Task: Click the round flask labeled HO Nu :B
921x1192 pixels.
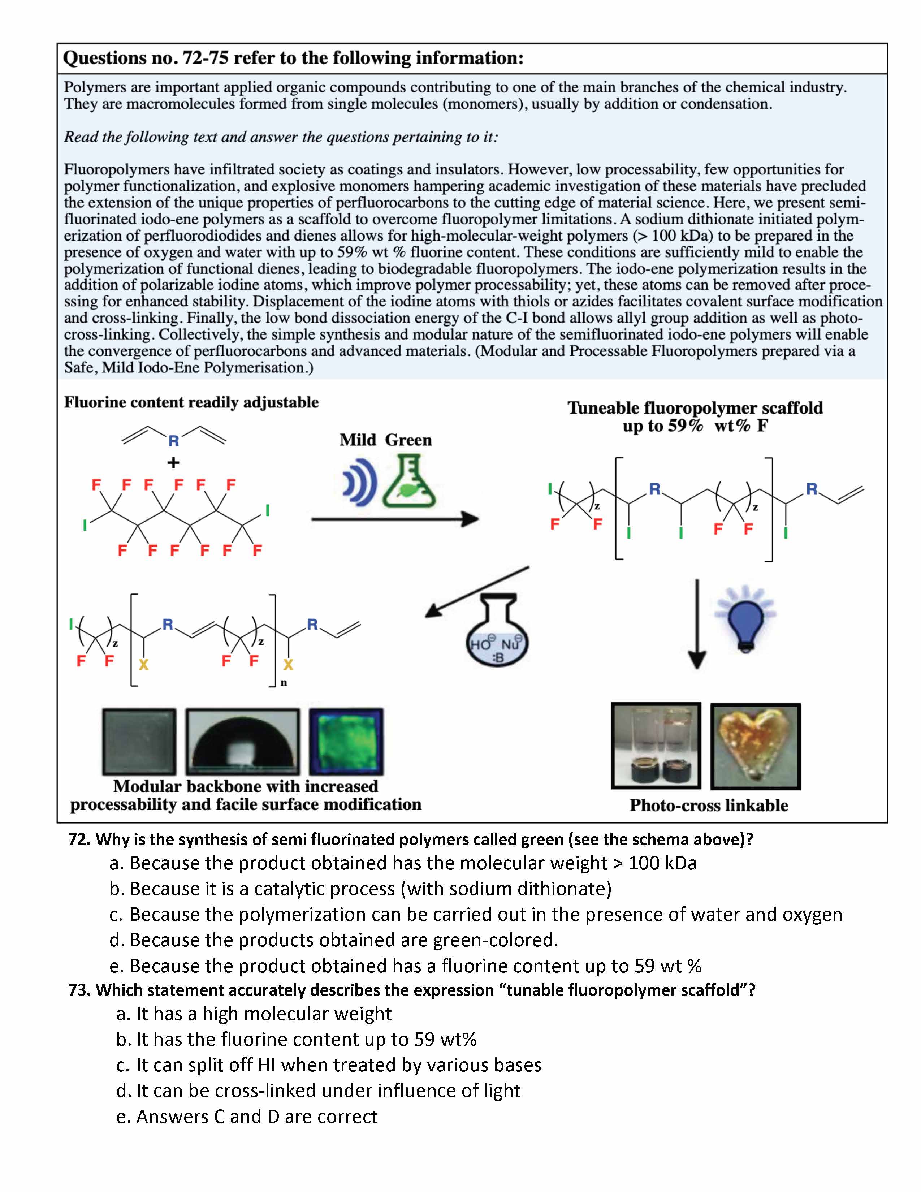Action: (x=497, y=636)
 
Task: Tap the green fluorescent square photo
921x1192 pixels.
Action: (x=346, y=742)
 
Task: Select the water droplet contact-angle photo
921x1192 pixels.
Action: (x=243, y=742)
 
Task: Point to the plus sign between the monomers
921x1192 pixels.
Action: (x=173, y=463)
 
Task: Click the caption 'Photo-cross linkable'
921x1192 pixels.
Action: (x=708, y=806)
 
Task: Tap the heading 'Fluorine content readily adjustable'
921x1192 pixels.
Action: (x=191, y=403)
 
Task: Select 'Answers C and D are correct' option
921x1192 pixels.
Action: (x=247, y=1117)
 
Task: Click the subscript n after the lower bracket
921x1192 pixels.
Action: (x=284, y=683)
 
